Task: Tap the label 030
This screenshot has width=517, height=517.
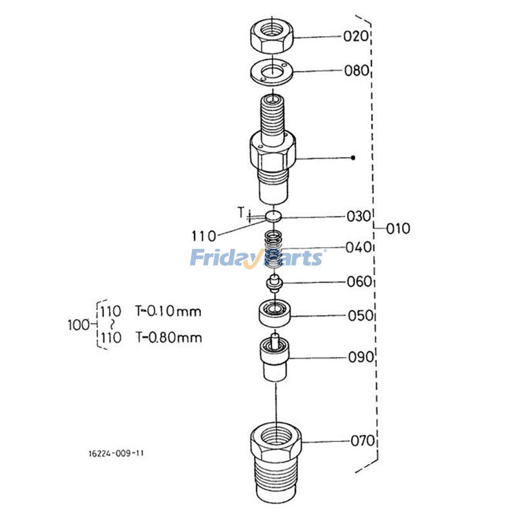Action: point(359,216)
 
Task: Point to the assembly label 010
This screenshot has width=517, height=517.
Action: point(398,229)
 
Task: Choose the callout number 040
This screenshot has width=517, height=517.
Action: point(359,247)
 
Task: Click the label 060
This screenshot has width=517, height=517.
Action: point(359,282)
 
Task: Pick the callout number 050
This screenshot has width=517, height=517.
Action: point(360,316)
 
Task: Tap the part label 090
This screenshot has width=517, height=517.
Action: point(361,357)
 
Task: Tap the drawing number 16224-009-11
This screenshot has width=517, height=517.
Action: point(117,453)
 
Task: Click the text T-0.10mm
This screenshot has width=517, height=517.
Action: point(168,311)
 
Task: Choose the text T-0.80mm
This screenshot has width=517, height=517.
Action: point(168,337)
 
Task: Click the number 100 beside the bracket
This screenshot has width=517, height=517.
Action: point(78,324)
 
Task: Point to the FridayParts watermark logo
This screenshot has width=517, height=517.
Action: point(257,258)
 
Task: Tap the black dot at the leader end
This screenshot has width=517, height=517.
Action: point(353,158)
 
